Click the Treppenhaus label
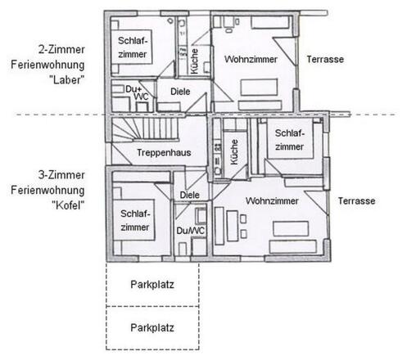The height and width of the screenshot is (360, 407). [x=164, y=152]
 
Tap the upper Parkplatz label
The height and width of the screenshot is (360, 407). [x=152, y=285]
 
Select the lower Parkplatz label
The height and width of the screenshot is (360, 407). [x=152, y=327]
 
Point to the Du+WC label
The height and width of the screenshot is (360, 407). [x=138, y=92]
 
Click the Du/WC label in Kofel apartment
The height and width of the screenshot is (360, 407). [x=190, y=231]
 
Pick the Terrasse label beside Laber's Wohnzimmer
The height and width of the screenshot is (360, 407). [x=325, y=59]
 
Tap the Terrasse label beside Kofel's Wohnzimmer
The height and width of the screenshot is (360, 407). [x=356, y=201]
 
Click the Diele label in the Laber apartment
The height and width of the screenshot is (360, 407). [x=180, y=92]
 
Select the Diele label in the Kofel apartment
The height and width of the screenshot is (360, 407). [x=190, y=195]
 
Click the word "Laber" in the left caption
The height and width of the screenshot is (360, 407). [x=67, y=80]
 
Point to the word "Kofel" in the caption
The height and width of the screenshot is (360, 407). [x=68, y=205]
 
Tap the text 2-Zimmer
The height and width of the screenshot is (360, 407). [x=61, y=50]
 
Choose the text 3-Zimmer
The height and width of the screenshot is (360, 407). [x=61, y=175]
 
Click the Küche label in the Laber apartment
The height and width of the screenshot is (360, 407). [x=194, y=61]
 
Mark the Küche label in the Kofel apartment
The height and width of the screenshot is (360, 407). [x=234, y=152]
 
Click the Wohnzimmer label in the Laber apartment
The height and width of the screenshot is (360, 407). [x=251, y=59]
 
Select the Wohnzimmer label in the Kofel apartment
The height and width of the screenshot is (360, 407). [x=272, y=201]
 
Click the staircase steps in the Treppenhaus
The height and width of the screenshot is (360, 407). [x=145, y=128]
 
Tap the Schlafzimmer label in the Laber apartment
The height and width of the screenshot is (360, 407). [x=133, y=47]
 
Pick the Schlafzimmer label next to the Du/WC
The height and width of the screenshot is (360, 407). [x=135, y=220]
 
